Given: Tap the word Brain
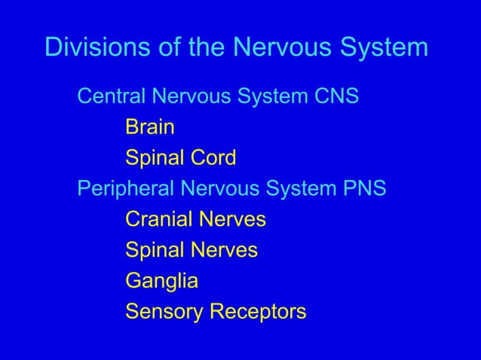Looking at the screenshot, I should click(x=150, y=127).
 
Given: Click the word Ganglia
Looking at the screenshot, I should click(x=161, y=281).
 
